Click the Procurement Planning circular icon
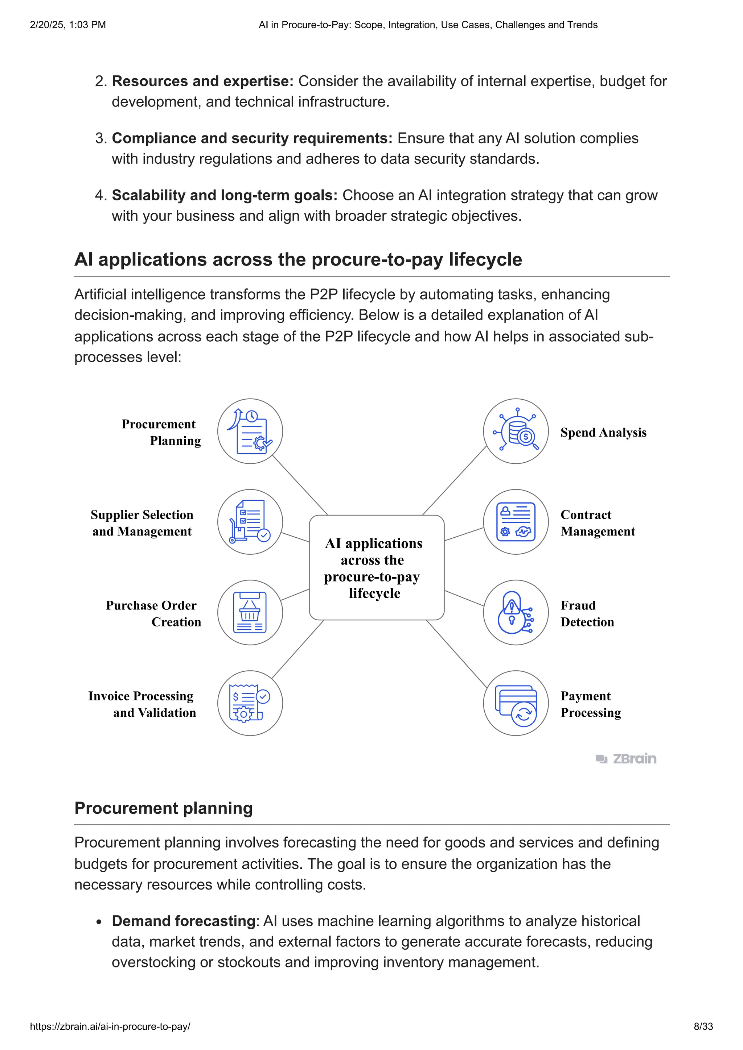(x=250, y=431)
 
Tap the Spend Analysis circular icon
(x=516, y=431)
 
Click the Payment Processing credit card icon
(x=516, y=703)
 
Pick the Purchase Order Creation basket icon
(x=250, y=612)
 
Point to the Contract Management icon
(x=516, y=522)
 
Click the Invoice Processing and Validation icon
(x=250, y=703)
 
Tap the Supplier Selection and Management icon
(x=250, y=522)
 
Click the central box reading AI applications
(x=376, y=567)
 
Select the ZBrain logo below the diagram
(x=626, y=759)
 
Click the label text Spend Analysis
(x=603, y=432)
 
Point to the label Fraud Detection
(x=587, y=613)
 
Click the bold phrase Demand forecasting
(x=183, y=921)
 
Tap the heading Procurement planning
(x=163, y=808)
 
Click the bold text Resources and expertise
(x=202, y=81)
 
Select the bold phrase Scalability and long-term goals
(x=224, y=195)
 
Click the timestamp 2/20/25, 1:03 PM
(x=68, y=25)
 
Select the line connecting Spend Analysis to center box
(x=454, y=480)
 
